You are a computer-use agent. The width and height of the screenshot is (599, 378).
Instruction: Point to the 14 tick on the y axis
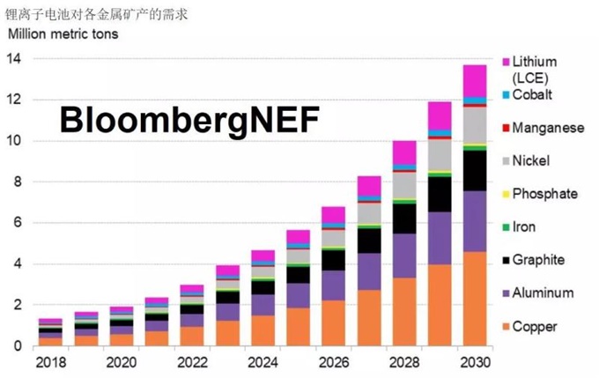pos(15,59)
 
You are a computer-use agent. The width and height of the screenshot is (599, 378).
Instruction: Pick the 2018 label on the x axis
pos(50,361)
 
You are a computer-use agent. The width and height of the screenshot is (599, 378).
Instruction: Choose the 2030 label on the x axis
pos(476,361)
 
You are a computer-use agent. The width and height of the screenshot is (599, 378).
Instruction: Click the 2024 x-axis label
pos(263,361)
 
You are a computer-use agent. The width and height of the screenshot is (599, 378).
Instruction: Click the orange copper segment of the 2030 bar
pos(476,300)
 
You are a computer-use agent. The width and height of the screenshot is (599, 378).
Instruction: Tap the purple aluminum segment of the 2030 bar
pos(476,221)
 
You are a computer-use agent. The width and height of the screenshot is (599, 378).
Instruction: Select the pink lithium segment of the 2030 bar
pos(476,80)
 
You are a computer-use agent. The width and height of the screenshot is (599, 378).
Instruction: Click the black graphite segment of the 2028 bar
pos(404,219)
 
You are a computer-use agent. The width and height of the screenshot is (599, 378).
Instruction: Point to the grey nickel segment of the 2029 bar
pos(440,154)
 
